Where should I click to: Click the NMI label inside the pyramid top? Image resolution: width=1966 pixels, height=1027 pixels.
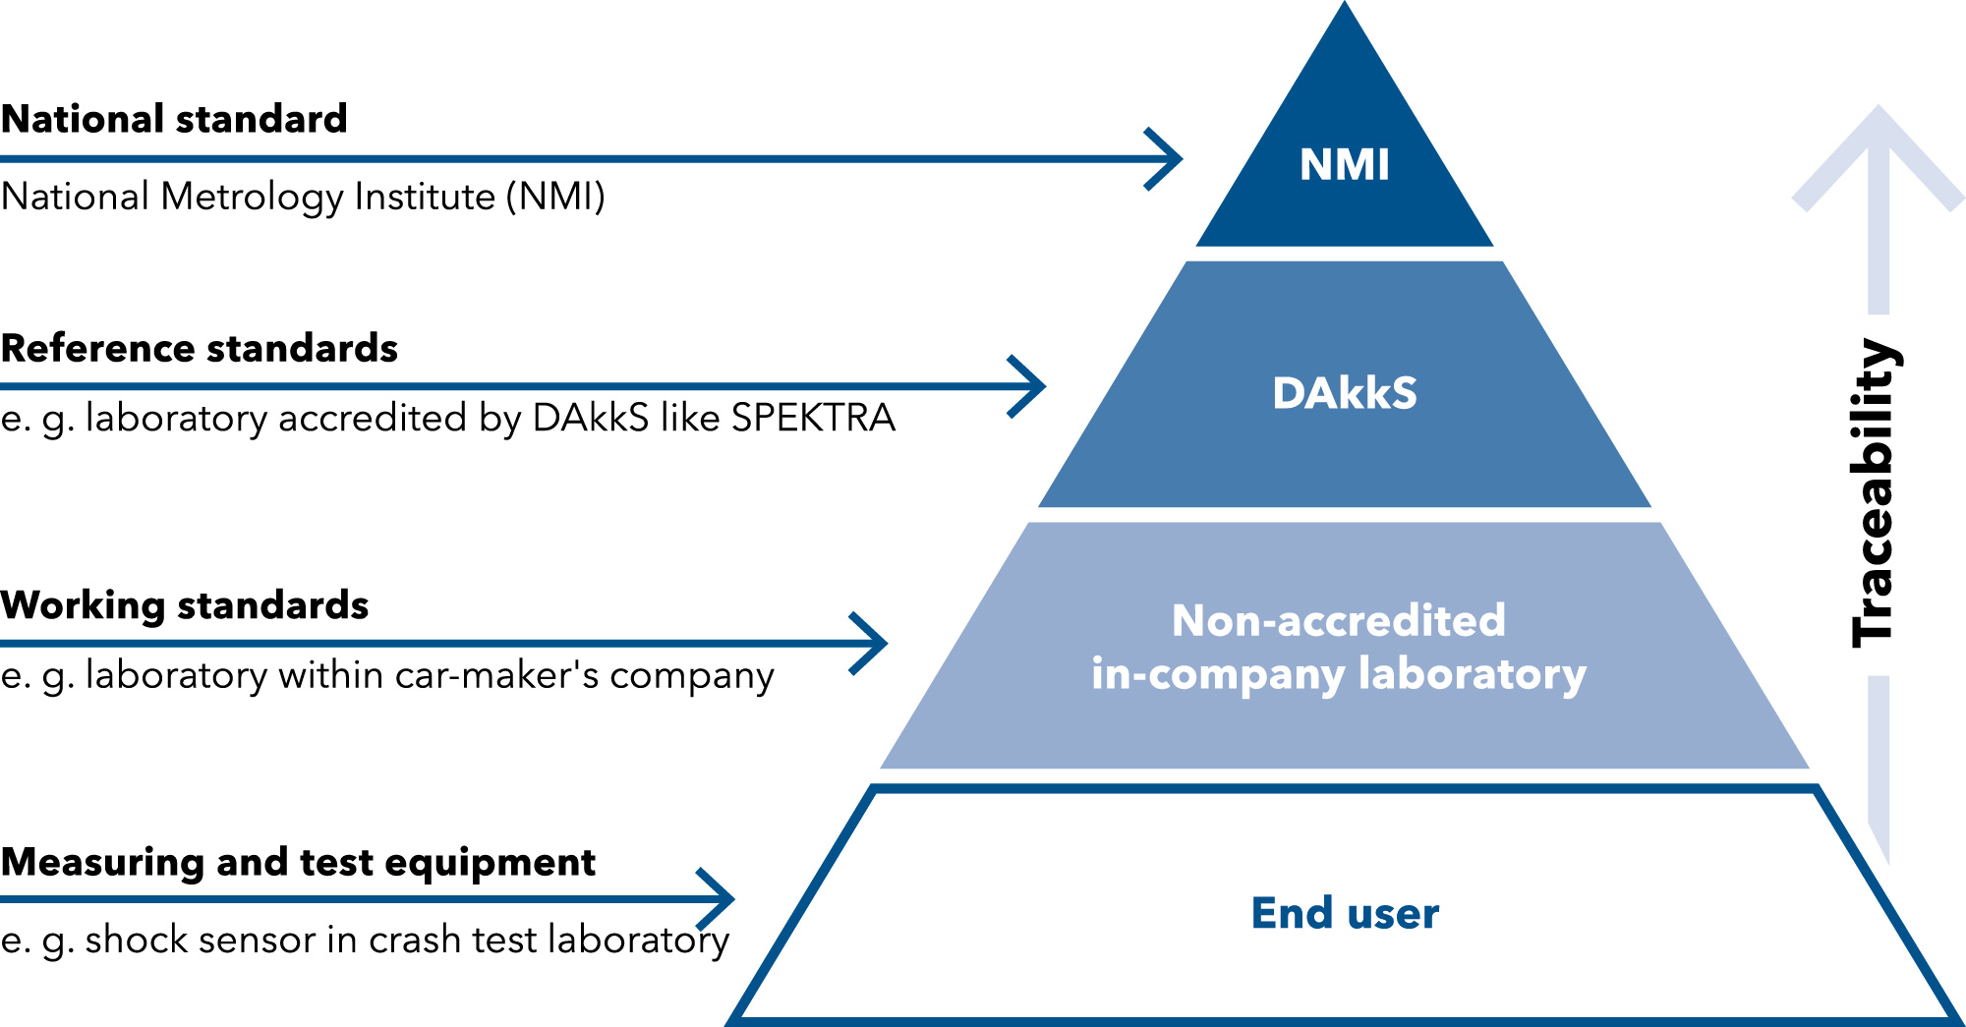[1345, 164]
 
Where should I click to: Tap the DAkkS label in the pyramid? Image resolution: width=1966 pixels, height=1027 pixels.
[1345, 393]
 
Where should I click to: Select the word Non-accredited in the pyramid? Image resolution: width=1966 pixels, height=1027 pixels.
[1339, 620]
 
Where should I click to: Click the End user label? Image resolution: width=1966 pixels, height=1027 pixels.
[1345, 913]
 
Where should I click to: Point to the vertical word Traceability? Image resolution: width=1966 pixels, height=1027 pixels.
[1876, 492]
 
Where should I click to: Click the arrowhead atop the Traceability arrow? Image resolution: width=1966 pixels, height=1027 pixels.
[1879, 157]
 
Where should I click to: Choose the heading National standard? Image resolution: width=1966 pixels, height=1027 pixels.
[174, 119]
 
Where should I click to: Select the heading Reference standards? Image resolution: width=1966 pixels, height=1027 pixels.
[200, 348]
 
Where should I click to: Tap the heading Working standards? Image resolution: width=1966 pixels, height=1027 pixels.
[185, 605]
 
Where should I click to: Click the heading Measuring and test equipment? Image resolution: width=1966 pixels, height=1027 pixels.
[298, 863]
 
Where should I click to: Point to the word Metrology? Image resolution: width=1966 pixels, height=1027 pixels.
[253, 197]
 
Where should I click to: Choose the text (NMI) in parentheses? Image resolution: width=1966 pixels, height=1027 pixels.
[555, 197]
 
